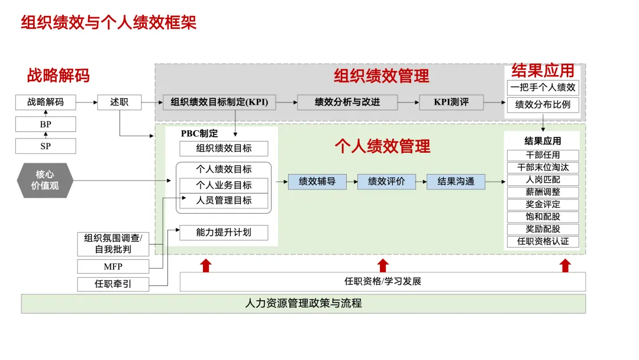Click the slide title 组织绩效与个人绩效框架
[x=109, y=22]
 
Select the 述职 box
[x=120, y=102]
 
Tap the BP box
[x=46, y=124]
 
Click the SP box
[x=46, y=146]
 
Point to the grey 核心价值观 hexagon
[x=45, y=181]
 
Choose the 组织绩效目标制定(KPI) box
[x=220, y=102]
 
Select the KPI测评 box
[x=451, y=102]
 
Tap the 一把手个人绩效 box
[x=543, y=88]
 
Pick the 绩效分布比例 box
[x=543, y=105]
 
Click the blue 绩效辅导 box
[x=317, y=182]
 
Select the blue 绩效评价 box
[x=386, y=182]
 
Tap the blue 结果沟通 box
[x=456, y=182]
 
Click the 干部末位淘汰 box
[x=543, y=168]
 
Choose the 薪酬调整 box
[x=543, y=192]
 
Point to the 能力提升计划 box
[x=224, y=233]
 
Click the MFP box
[x=113, y=266]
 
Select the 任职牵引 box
[x=113, y=284]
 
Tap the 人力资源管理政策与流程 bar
[x=303, y=304]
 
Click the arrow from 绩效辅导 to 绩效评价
[x=351, y=182]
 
